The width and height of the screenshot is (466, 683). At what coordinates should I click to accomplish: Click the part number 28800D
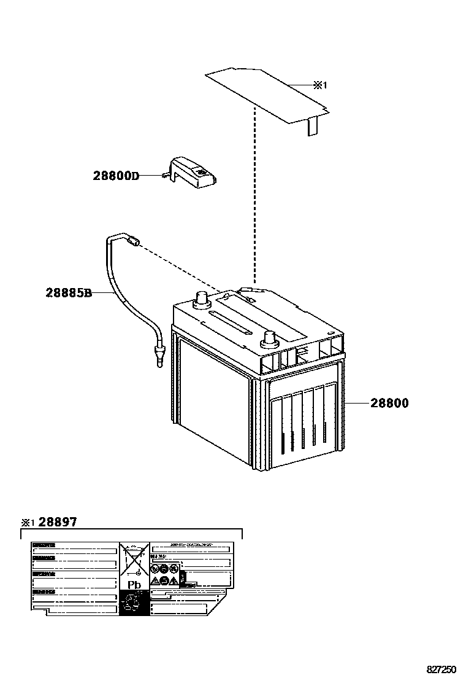click(116, 176)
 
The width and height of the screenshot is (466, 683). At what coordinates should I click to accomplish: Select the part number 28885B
click(69, 293)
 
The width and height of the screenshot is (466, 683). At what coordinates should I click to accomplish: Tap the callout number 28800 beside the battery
click(389, 404)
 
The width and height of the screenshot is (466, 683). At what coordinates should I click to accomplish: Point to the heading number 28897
click(58, 522)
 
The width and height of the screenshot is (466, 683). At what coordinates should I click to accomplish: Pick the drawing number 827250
click(441, 669)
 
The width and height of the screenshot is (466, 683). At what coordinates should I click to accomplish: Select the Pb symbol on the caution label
click(134, 585)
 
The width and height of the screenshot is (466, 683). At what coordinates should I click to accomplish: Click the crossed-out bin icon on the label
click(134, 559)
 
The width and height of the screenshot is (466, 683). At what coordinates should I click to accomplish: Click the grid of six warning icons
click(166, 574)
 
